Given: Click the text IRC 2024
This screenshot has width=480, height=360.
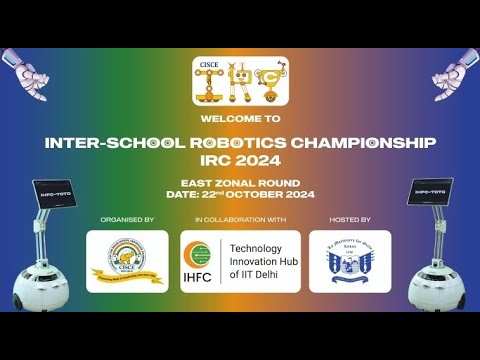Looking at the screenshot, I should click(240, 161).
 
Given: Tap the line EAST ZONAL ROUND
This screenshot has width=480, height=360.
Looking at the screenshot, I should click(240, 185).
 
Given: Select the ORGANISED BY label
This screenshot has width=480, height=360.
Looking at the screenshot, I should click(127, 218).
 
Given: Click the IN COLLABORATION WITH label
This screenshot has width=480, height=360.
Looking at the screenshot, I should click(240, 218).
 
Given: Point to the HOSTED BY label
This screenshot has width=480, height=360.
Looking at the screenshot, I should click(350, 218).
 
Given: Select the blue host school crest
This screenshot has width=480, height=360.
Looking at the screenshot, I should click(350, 262).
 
